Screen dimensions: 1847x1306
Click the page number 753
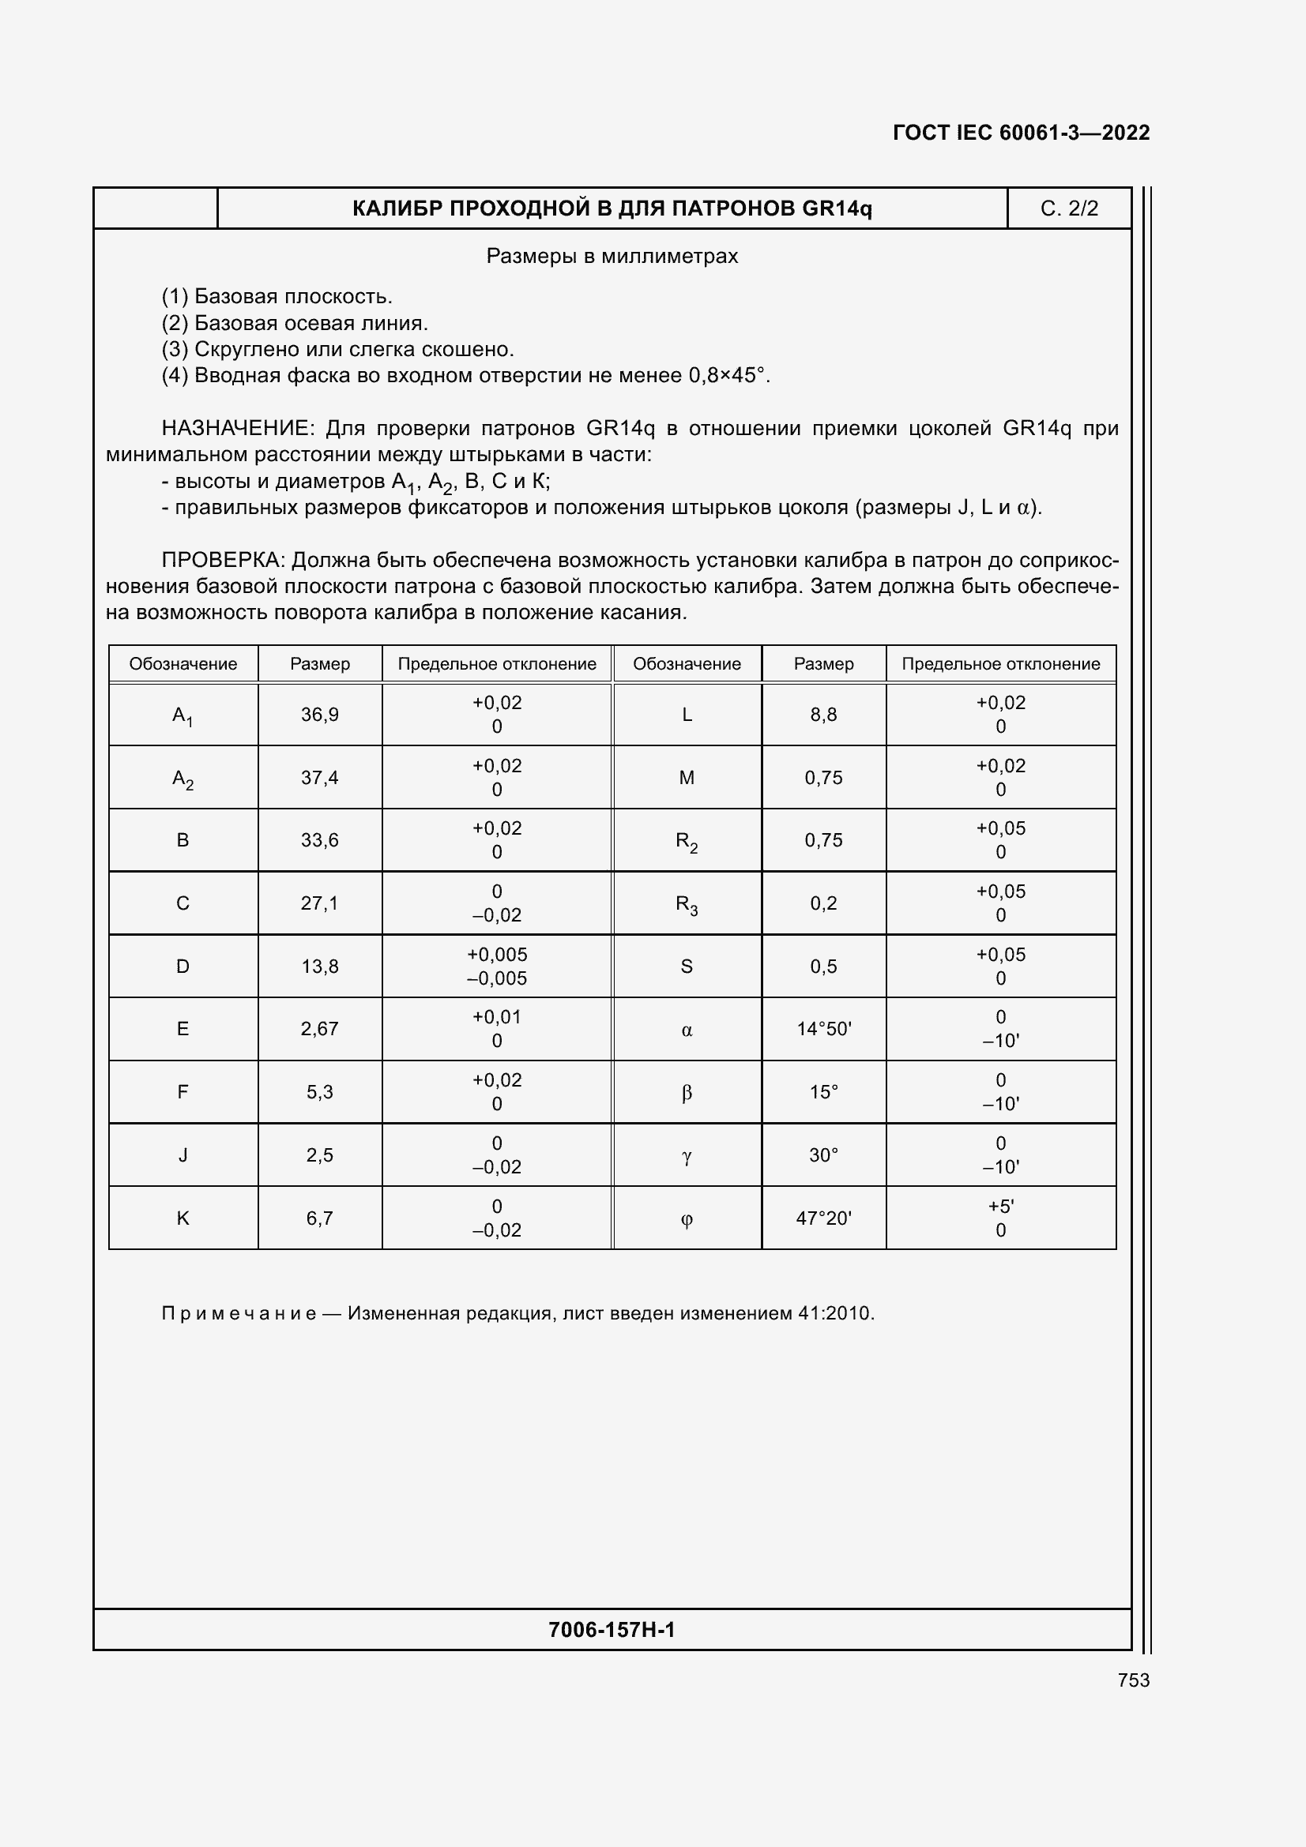pos(1133,1680)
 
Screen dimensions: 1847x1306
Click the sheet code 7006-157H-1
pos(612,1629)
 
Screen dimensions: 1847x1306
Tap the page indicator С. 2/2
pos(1069,208)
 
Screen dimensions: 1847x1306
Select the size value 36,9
pos(319,715)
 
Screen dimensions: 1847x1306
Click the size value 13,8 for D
pos(319,966)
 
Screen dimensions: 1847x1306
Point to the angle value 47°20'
pos(823,1218)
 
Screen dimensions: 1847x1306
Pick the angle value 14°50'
pos(823,1029)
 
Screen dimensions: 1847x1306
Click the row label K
pos(183,1218)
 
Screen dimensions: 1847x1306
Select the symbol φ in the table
pos(687,1219)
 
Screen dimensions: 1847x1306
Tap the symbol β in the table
pos(687,1092)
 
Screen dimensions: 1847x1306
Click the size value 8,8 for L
pos(823,715)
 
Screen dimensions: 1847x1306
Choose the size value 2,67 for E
pos(319,1029)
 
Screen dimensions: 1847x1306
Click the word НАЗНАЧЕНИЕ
pos(235,428)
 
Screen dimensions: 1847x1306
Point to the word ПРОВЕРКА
pos(223,560)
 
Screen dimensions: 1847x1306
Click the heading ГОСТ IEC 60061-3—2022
pos(1020,133)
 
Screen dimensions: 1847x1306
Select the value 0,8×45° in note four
pos(726,376)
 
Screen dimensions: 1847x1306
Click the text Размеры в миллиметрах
pos(612,256)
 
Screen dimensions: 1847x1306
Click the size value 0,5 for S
pos(823,966)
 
